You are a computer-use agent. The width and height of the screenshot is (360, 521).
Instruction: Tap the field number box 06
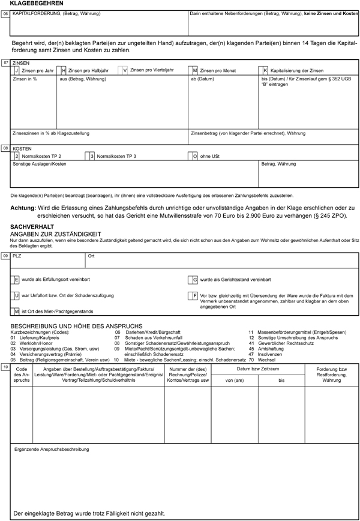(6, 13)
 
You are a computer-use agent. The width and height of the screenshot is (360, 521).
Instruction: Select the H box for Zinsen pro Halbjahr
(64, 70)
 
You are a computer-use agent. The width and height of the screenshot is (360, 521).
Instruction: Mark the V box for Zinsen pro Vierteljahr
(124, 70)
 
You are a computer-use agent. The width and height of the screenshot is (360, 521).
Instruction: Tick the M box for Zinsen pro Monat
(194, 70)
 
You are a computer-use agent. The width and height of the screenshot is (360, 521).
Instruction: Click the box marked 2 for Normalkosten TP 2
(16, 156)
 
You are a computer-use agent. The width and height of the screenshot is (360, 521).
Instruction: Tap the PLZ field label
(17, 256)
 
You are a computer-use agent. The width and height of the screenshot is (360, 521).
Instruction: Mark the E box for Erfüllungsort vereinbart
(16, 280)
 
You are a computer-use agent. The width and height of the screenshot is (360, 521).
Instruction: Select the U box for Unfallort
(16, 296)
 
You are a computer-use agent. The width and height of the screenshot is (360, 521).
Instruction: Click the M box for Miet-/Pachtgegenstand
(16, 311)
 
